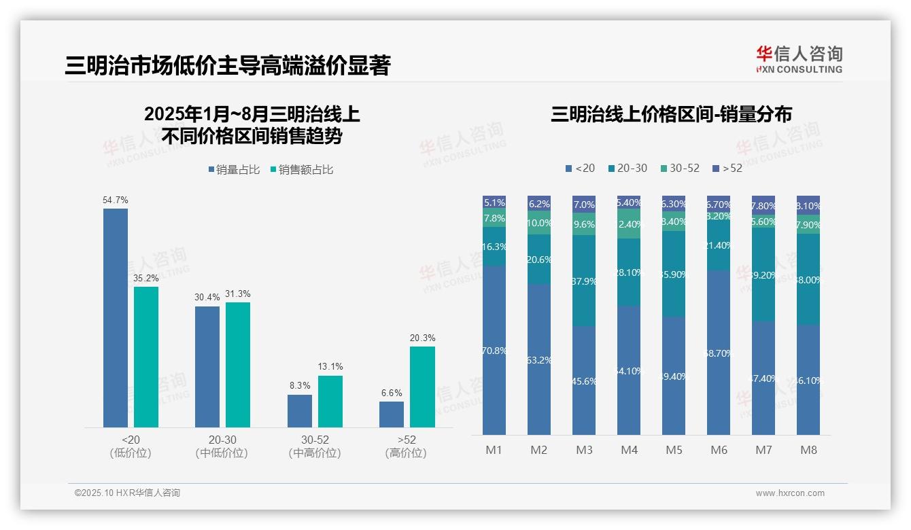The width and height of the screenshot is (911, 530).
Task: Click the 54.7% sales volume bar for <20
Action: [116, 318]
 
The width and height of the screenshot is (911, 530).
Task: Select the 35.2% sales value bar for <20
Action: [146, 357]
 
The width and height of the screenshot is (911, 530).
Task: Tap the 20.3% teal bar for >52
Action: [422, 387]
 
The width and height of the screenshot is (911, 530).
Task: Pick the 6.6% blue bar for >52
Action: [392, 414]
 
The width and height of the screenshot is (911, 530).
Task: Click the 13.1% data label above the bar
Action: [330, 366]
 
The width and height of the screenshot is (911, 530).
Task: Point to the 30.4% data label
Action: [207, 298]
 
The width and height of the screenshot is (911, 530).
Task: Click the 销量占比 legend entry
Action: [234, 170]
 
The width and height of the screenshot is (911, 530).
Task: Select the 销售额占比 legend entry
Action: [302, 170]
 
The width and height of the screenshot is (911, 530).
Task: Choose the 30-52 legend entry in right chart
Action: [679, 168]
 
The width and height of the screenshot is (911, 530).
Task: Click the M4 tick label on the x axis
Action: [629, 450]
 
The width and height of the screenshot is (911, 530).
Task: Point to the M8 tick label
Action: [808, 450]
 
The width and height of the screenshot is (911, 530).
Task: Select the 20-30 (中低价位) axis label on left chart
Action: [221, 446]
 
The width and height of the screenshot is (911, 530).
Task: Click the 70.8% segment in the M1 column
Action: [494, 350]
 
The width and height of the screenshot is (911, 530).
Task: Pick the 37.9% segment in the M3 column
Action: [584, 281]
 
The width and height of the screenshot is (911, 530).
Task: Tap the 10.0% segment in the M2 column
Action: [539, 223]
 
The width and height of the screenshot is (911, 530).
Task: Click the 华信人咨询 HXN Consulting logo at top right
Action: [799, 59]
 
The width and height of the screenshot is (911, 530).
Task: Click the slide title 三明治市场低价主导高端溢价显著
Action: [228, 65]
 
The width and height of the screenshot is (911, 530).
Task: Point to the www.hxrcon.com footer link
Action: [790, 493]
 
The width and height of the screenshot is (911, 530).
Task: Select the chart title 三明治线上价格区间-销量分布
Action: [671, 114]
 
